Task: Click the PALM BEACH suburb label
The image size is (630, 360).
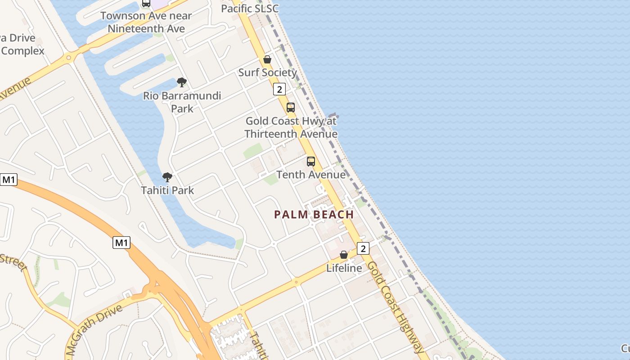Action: point(314,214)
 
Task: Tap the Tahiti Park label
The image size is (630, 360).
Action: point(167,190)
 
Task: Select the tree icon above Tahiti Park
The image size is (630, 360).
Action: point(167,177)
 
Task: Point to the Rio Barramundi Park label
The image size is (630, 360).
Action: point(182,102)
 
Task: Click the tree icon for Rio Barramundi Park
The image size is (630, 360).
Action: point(182,82)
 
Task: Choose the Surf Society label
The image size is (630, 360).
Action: point(267,72)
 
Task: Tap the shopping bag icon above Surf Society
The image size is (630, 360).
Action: point(267,59)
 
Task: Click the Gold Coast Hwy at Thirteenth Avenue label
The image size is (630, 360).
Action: point(291,127)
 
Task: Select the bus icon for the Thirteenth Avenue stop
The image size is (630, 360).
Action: point(291,108)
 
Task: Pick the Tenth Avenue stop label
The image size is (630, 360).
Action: point(311,175)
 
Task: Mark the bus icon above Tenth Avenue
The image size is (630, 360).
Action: point(311,162)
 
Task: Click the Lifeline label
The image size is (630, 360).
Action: point(344,268)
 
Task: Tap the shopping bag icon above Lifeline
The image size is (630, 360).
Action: point(344,255)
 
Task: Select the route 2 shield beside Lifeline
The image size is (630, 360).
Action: point(363,248)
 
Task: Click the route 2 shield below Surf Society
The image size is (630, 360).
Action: point(279,89)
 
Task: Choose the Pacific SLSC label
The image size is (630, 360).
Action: point(250,9)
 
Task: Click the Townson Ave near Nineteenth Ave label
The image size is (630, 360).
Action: point(146,22)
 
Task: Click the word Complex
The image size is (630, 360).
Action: point(22,50)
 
